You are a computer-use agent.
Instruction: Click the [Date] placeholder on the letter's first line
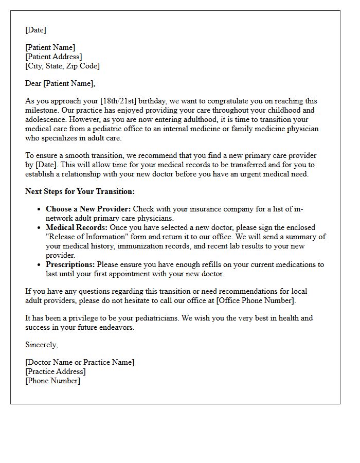pyautogui.click(x=35, y=30)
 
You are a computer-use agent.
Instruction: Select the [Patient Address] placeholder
pyautogui.click(x=53, y=57)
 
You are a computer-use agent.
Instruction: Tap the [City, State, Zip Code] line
pyautogui.click(x=62, y=66)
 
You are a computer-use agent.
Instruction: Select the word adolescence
pyautogui.click(x=45, y=119)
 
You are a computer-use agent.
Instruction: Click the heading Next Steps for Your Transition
pyautogui.click(x=80, y=191)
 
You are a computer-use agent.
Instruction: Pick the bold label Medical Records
pyautogui.click(x=77, y=227)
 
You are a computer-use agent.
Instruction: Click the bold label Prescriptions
pyautogui.click(x=70, y=264)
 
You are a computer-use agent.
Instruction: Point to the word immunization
pyautogui.click(x=125, y=246)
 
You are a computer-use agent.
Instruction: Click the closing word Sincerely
pyautogui.click(x=41, y=345)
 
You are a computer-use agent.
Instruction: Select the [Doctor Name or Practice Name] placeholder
pyautogui.click(x=80, y=362)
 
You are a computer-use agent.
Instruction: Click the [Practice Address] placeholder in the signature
pyautogui.click(x=56, y=371)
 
